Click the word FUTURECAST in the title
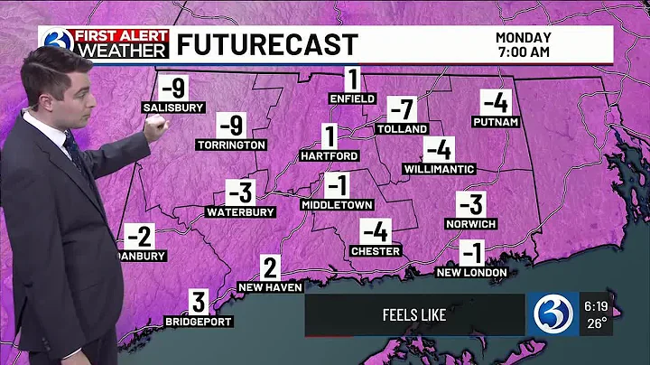[x=267, y=44]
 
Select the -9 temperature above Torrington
[x=232, y=126]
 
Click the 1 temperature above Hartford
[x=330, y=137]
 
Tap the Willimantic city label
[x=439, y=169]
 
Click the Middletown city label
[x=337, y=205]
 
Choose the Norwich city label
[x=470, y=223]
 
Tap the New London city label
[x=471, y=272]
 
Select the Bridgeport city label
[x=199, y=322]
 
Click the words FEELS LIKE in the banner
[x=414, y=315]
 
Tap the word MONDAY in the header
[x=523, y=37]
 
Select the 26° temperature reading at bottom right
[x=599, y=321]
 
